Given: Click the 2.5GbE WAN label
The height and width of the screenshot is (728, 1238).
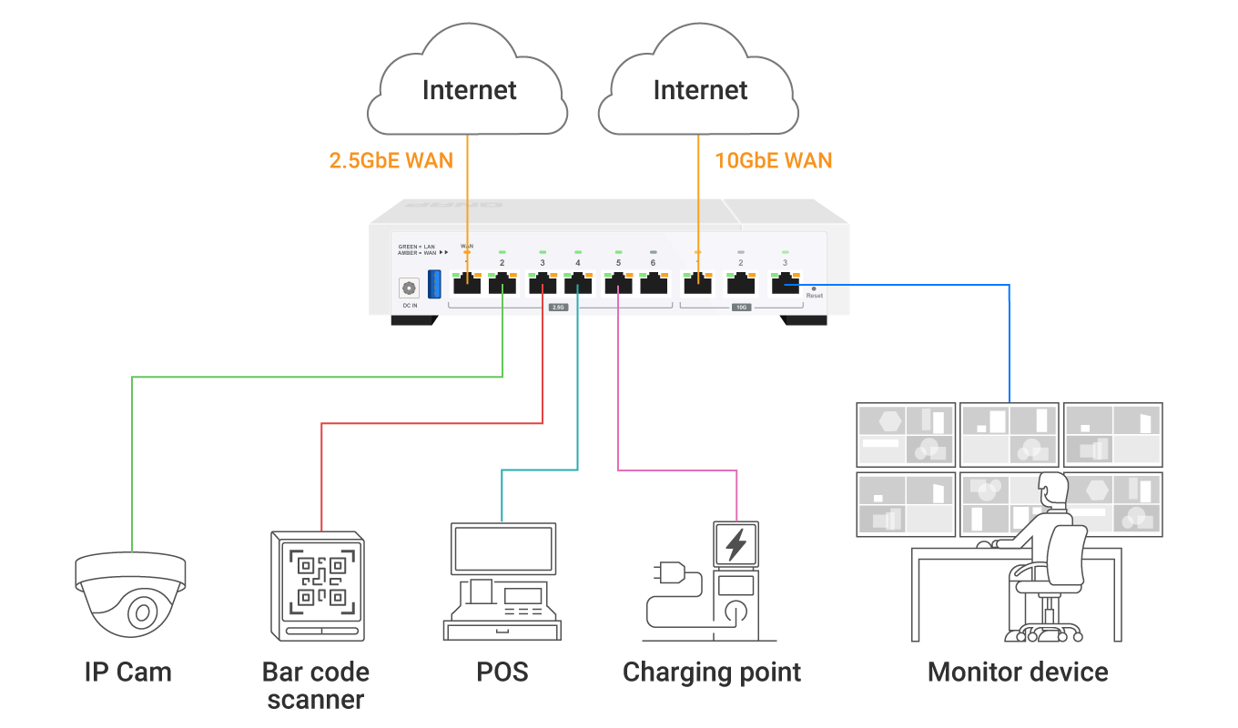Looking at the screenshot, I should click(391, 161).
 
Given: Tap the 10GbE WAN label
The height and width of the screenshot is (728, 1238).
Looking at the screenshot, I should click(773, 161).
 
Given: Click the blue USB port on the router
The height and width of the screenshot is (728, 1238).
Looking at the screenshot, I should click(434, 283).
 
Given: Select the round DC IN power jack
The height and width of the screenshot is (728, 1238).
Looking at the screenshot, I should click(409, 288).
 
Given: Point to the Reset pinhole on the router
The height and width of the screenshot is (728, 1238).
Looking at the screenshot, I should click(813, 288).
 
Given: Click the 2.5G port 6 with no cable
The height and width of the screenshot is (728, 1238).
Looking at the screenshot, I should click(654, 284).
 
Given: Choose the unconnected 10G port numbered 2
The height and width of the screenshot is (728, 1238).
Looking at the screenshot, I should click(740, 284).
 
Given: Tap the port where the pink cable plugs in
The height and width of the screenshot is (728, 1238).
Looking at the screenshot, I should click(618, 284).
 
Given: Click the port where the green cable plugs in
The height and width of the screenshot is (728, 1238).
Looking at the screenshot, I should click(502, 284).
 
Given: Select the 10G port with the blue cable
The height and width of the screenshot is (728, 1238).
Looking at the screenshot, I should click(784, 284).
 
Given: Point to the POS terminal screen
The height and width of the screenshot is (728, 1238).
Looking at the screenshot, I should click(503, 549).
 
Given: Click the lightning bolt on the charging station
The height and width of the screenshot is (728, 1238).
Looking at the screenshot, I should click(735, 545).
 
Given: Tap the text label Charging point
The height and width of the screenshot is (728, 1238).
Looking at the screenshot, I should click(712, 672).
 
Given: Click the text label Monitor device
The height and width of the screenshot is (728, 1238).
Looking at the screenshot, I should click(1018, 672).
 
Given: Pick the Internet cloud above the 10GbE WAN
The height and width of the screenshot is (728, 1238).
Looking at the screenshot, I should click(699, 86).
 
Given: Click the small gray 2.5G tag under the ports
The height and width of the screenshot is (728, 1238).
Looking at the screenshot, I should click(559, 308).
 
